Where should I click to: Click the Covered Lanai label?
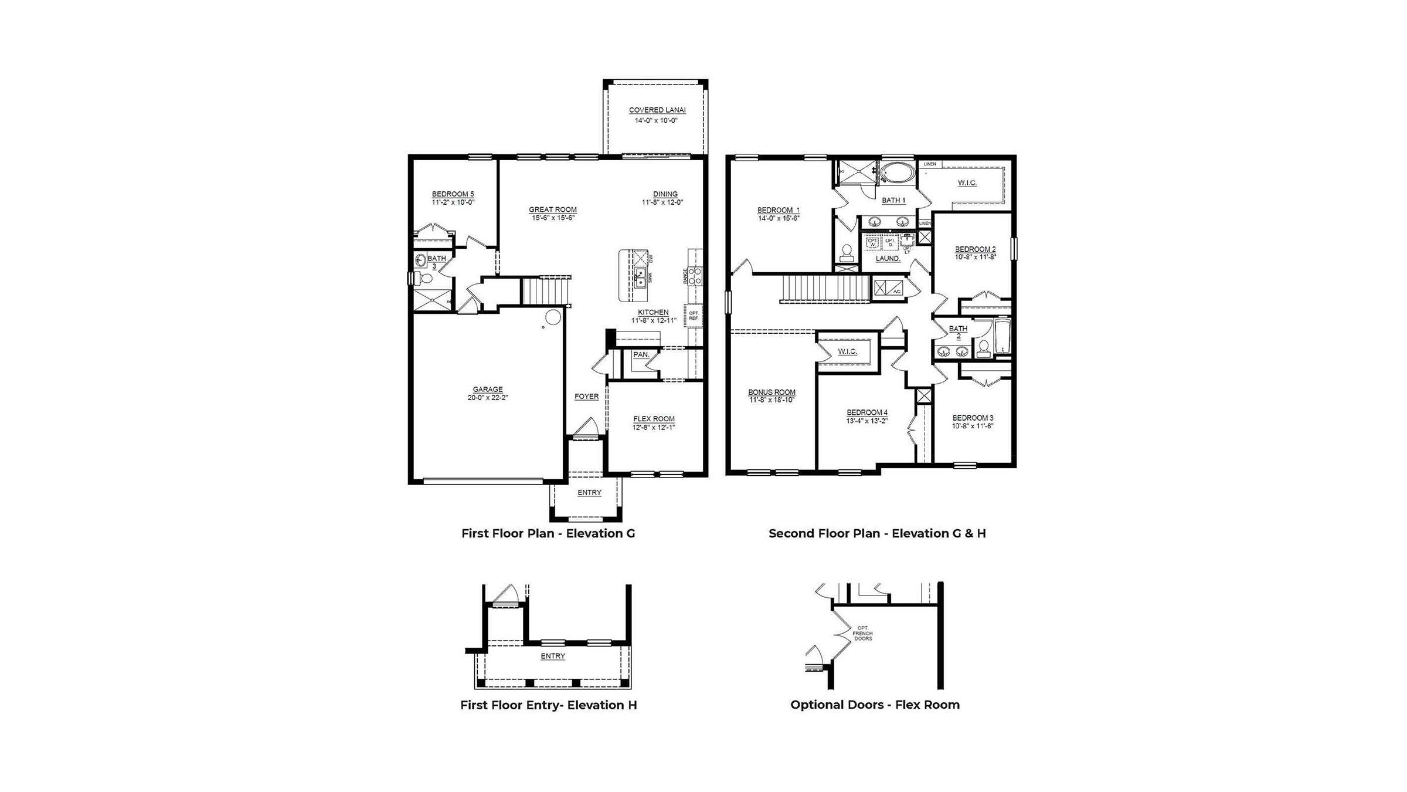(x=657, y=110)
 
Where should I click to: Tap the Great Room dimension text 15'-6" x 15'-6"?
(x=553, y=218)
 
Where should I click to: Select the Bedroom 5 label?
(x=453, y=194)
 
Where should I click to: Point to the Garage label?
(x=488, y=390)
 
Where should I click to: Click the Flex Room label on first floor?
(x=654, y=419)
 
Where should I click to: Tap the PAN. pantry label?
(x=641, y=355)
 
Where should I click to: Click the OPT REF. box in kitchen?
(x=693, y=316)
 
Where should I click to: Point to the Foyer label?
(x=586, y=397)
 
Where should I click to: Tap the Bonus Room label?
(x=772, y=392)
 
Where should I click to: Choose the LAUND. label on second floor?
(x=888, y=259)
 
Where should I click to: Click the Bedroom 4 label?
(x=866, y=412)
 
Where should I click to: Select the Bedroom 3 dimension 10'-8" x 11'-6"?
(x=973, y=426)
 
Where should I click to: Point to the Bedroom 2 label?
(x=975, y=249)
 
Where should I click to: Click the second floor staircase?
(x=827, y=288)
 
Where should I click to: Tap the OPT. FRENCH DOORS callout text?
(x=862, y=633)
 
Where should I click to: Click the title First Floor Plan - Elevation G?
(x=548, y=533)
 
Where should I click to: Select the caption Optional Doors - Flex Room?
(x=875, y=705)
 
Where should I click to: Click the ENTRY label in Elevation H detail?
(x=552, y=656)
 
